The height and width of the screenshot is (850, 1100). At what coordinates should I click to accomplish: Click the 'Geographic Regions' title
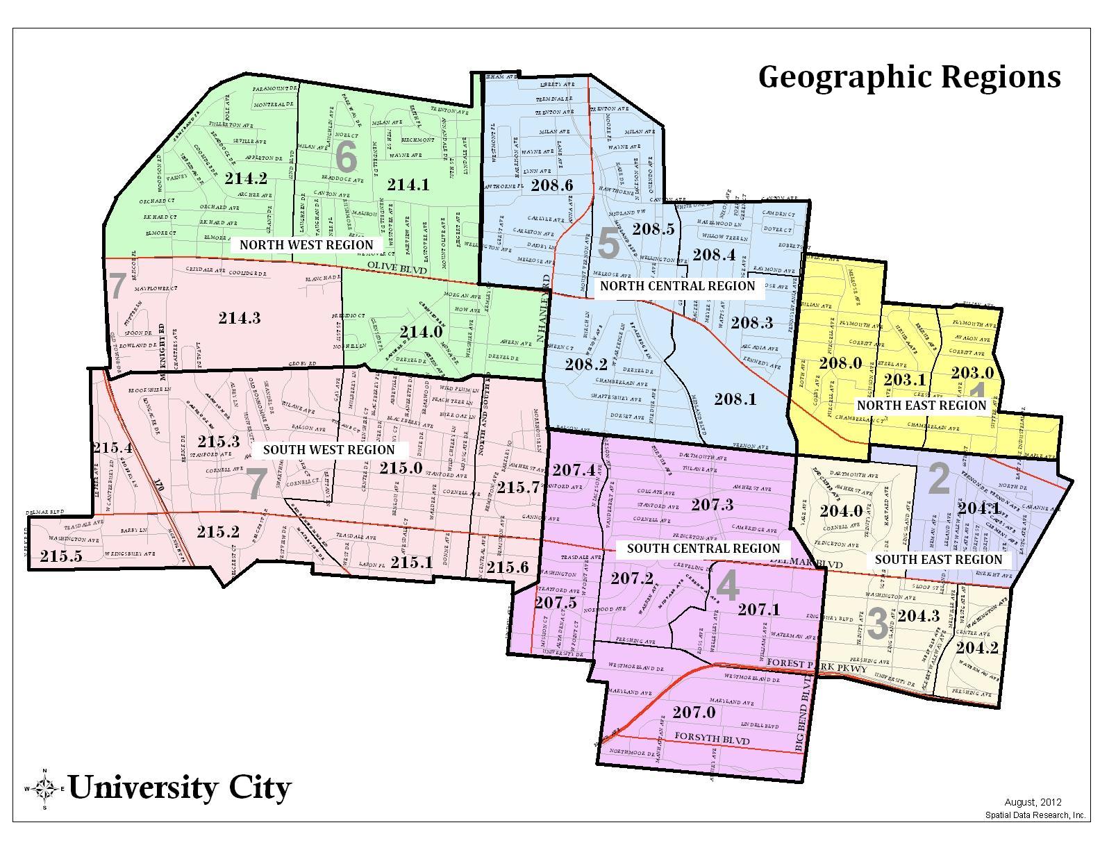click(909, 77)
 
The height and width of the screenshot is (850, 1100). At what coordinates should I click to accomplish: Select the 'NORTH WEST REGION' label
click(306, 244)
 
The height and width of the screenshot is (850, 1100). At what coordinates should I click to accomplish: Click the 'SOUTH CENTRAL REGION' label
click(703, 548)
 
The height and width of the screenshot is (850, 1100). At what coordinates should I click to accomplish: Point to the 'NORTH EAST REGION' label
click(921, 405)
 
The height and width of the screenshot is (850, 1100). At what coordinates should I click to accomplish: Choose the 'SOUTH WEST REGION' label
click(328, 449)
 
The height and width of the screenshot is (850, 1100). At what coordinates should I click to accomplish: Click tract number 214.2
click(246, 178)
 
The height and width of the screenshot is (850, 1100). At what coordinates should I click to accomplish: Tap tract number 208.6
click(551, 185)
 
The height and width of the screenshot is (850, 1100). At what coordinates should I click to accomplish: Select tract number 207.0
click(693, 712)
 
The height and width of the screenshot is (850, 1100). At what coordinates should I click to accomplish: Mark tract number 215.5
click(61, 556)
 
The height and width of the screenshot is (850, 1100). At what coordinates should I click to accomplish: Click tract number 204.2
click(976, 647)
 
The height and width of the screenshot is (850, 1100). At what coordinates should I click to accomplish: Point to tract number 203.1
click(904, 379)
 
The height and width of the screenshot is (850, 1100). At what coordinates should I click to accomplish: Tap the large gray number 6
click(346, 158)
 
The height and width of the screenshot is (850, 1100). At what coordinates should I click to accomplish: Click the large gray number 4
click(727, 586)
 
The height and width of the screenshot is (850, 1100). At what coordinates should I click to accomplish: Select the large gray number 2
click(938, 479)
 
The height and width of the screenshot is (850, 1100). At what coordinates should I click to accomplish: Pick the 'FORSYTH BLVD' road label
click(712, 741)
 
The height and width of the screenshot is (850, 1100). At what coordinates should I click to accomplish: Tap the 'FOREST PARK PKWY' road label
click(817, 666)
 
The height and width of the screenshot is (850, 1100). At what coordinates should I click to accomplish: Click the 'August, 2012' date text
click(1033, 803)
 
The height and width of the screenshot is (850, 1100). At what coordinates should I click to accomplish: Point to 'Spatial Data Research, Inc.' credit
click(1035, 815)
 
